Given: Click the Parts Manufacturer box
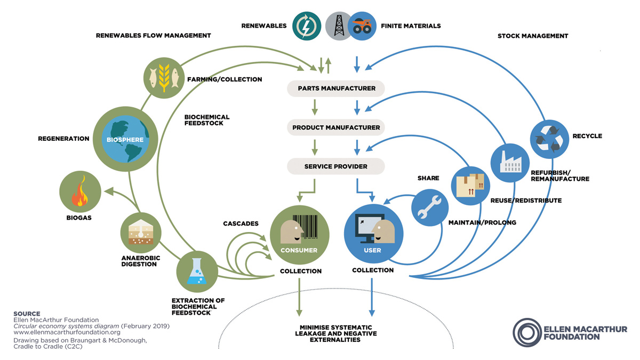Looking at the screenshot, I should click(335, 88).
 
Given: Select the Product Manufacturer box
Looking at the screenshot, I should click(335, 127).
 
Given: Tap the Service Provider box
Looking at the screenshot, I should click(335, 166).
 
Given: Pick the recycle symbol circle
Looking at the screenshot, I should click(550, 136).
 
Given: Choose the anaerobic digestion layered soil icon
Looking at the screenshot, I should click(141, 232).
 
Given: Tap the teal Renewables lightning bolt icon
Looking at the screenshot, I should click(307, 26).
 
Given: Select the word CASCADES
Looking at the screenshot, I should click(241, 222).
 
